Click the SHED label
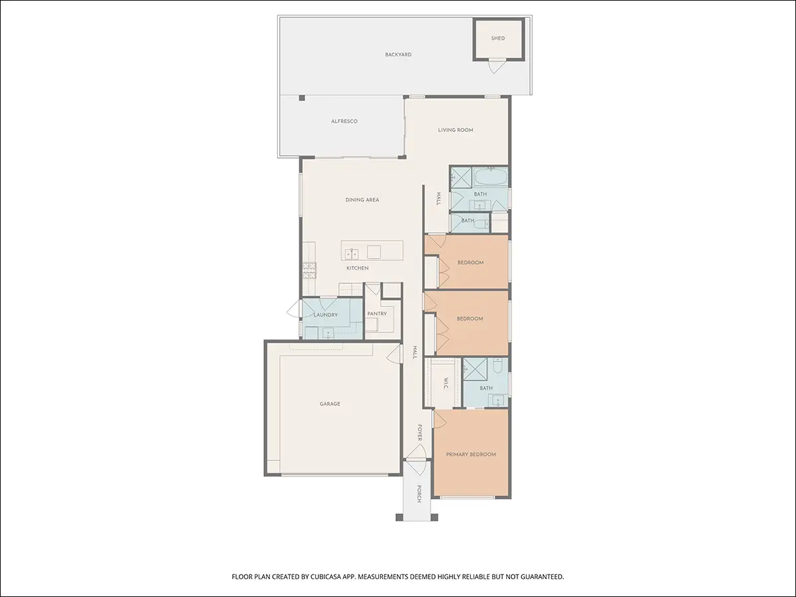[x=498, y=38]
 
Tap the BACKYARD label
[x=398, y=55]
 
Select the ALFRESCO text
[x=344, y=121]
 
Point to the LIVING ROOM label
[x=456, y=130]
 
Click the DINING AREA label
[x=362, y=200]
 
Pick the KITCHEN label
[x=358, y=268]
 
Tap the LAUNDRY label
[x=326, y=315]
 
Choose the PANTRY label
[x=377, y=314]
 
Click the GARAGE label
[x=330, y=404]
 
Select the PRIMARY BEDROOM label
[x=471, y=454]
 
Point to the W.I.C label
[x=446, y=383]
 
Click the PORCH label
[x=419, y=494]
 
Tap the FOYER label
[x=420, y=432]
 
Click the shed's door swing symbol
[x=496, y=66]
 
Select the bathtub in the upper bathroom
[x=491, y=176]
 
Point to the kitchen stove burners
[x=309, y=271]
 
